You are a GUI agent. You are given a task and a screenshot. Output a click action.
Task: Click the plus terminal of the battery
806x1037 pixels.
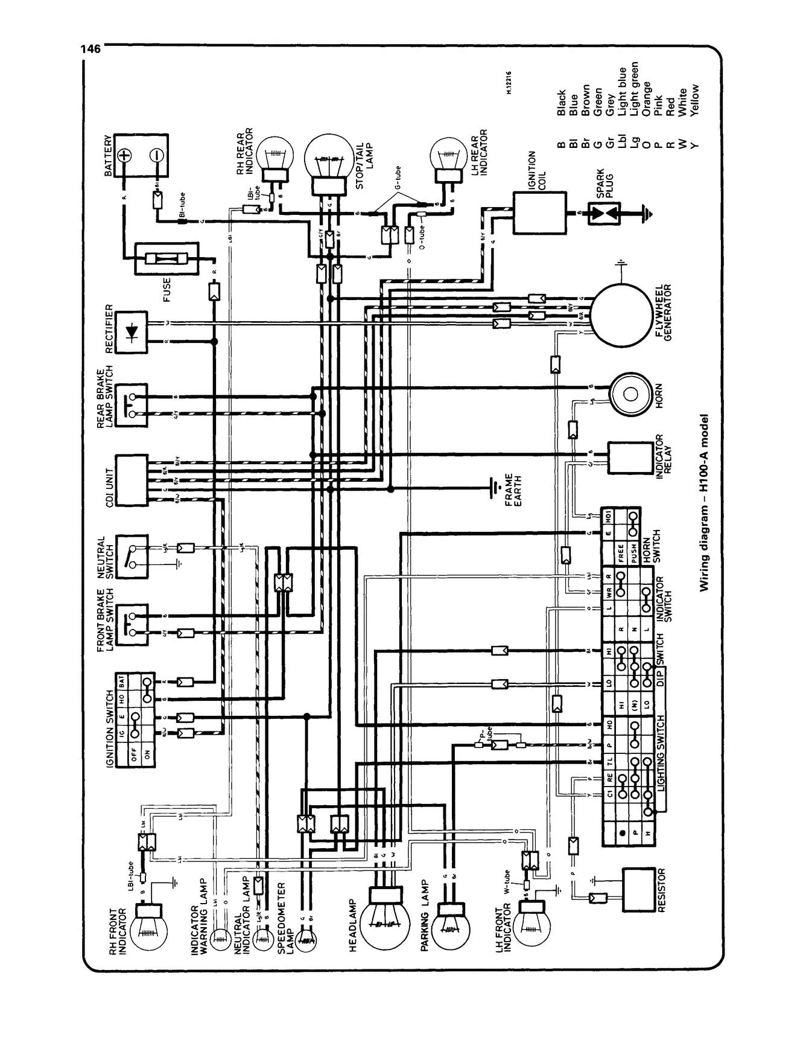pyautogui.click(x=125, y=155)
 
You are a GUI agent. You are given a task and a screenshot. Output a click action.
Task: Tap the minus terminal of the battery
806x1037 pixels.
pyautogui.click(x=154, y=155)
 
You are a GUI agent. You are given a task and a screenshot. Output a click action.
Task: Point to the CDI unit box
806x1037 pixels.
pyautogui.click(x=132, y=480)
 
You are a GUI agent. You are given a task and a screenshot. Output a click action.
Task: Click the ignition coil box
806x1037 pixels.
pyautogui.click(x=539, y=212)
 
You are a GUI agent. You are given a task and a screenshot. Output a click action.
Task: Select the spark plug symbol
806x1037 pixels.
pyautogui.click(x=604, y=213)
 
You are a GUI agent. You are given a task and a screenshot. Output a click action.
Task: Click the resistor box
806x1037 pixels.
pyautogui.click(x=639, y=890)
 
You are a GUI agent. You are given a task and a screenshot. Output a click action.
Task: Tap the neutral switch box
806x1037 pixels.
pyautogui.click(x=132, y=557)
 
